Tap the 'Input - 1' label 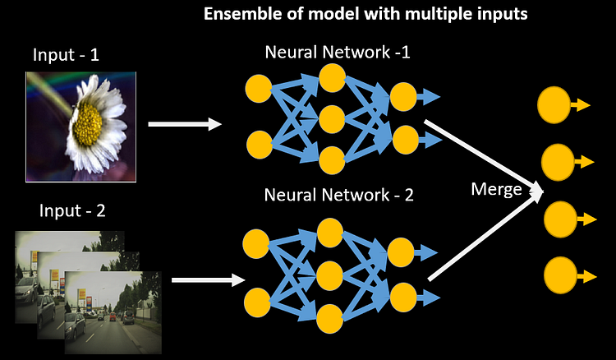[x=67, y=56]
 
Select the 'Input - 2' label [x=73, y=210]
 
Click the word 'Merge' [x=496, y=189]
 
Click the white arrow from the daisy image [x=185, y=125]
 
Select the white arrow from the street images [x=209, y=280]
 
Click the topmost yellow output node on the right [x=554, y=104]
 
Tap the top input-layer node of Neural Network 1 [x=260, y=87]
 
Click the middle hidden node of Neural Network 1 [x=332, y=118]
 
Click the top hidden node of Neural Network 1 [x=332, y=78]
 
